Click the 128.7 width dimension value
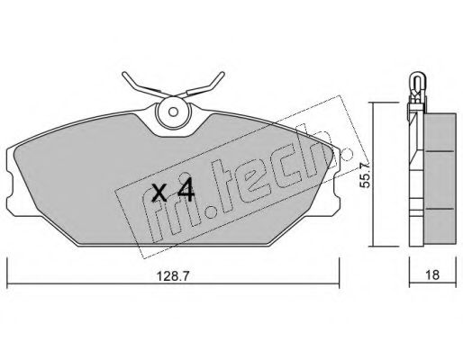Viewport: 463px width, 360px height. (173, 274)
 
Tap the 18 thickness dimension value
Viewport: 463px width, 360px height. (432, 274)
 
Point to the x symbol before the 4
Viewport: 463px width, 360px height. (159, 193)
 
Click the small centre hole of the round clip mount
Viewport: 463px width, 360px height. (173, 112)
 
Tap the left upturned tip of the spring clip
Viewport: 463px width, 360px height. (124, 74)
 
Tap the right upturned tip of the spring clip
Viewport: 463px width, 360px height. (222, 74)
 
